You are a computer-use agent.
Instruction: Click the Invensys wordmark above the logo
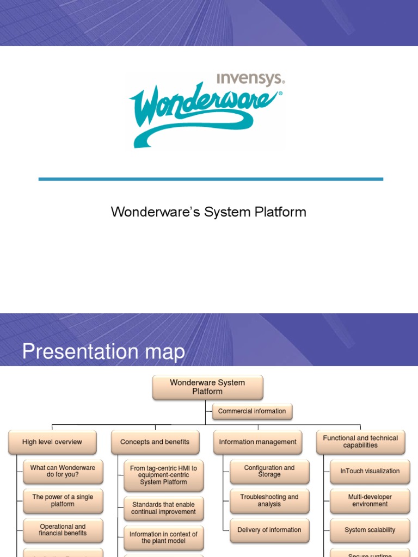(250, 79)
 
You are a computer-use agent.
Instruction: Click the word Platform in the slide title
(279, 212)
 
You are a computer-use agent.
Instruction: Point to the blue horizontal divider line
(211, 178)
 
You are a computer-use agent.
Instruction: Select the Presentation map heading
(103, 351)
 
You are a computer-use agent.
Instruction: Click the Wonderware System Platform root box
(207, 387)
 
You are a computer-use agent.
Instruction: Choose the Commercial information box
(251, 411)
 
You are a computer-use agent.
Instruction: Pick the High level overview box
(52, 442)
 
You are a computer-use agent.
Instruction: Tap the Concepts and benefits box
(155, 442)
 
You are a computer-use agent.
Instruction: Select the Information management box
(258, 442)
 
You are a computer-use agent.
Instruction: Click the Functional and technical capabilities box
(360, 442)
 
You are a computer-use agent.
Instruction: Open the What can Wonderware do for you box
(63, 472)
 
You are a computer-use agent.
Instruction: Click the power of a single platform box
(63, 500)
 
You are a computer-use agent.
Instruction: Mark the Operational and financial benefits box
(63, 530)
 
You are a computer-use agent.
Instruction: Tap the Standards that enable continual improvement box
(164, 508)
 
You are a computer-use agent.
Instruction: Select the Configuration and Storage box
(269, 471)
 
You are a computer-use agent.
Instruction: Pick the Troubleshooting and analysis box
(269, 500)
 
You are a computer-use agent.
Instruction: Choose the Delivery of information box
(269, 530)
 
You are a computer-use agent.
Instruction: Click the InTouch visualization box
(370, 471)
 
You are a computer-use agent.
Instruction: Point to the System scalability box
(370, 530)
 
